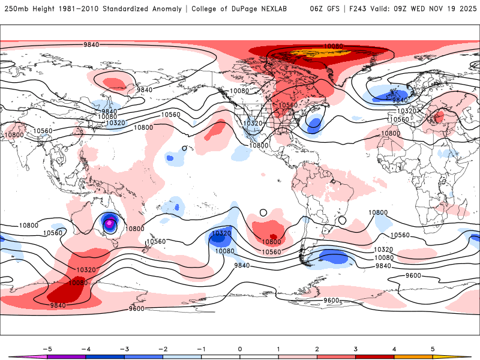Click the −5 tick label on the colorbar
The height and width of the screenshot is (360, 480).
46,348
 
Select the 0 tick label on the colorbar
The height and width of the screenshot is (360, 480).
240,348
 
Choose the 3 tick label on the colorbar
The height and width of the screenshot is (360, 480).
356,348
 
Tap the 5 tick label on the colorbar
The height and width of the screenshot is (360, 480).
433,348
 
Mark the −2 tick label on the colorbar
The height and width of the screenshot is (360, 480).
163,348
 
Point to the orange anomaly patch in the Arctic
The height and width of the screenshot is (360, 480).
312,53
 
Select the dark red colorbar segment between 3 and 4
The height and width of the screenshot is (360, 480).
375,356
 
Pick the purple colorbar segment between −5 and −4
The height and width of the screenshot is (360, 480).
66,356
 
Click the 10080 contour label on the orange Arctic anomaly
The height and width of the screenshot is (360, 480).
333,46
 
